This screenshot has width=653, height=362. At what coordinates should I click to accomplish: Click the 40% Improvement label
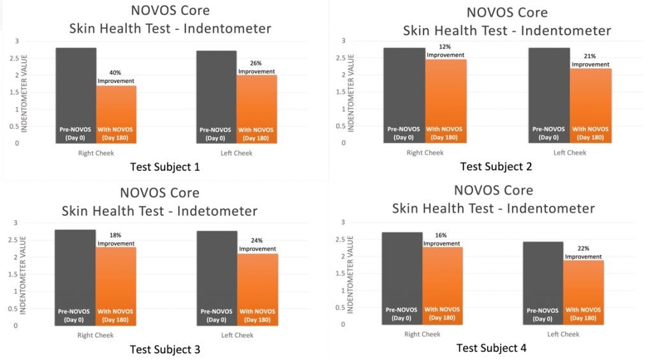point(116,76)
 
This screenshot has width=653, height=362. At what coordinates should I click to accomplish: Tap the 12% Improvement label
point(446,51)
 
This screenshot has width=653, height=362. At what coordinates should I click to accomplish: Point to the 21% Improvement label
point(589,60)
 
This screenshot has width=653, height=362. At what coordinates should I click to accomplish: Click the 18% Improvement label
point(116,239)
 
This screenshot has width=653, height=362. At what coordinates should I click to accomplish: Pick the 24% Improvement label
point(258,245)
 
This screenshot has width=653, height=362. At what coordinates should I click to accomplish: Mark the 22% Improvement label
point(583,252)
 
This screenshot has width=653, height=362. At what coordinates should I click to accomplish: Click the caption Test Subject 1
point(165,168)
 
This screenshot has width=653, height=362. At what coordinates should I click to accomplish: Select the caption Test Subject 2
point(496,166)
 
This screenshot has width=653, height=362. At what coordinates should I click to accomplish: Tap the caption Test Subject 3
point(165,349)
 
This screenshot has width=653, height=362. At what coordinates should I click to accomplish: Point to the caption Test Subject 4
point(491,348)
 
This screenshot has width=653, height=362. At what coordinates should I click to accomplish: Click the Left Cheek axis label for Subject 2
point(569,153)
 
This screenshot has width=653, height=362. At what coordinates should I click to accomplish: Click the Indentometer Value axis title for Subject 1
point(24,92)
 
